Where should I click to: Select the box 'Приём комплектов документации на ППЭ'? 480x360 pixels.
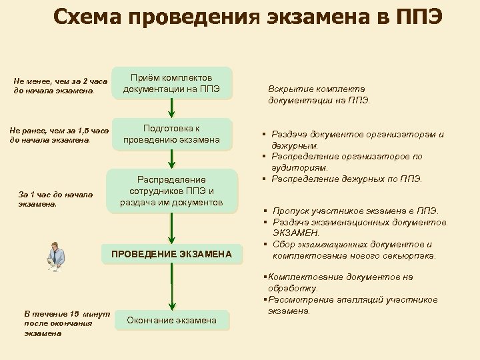point(171,83)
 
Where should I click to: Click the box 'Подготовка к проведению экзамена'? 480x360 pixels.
point(171,134)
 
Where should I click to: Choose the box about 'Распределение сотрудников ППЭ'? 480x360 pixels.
point(171,191)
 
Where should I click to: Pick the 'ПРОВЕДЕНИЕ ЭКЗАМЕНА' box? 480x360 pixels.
point(171,253)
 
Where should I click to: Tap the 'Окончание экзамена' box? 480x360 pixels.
point(171,321)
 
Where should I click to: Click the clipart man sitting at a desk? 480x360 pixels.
point(56,256)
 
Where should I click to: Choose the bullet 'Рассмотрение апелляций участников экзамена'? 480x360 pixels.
point(353,305)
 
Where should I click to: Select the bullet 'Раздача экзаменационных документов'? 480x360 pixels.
point(360,221)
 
